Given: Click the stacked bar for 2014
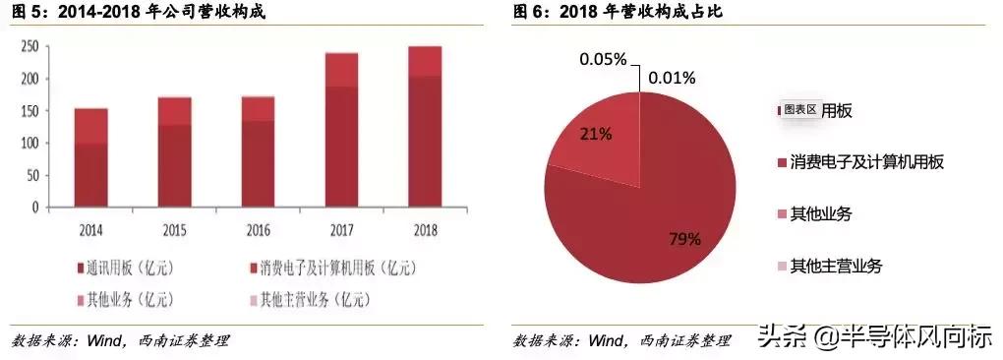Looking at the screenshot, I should (x=90, y=157).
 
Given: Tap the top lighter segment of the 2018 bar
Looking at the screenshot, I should (x=424, y=62).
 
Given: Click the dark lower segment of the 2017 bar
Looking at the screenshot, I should (x=341, y=148).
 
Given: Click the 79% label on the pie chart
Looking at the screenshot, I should (x=684, y=239).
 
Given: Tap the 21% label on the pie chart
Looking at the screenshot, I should (x=595, y=134).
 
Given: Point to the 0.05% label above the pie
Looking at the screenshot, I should (x=602, y=59).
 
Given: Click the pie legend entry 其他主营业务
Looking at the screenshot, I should (x=836, y=266).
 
